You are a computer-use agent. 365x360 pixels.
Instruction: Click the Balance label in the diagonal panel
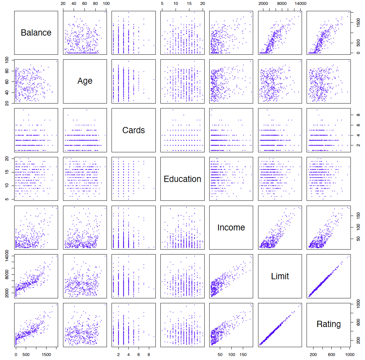click(36, 33)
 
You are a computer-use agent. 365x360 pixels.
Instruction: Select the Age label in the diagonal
click(85, 81)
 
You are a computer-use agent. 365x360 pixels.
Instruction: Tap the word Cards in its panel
click(133, 130)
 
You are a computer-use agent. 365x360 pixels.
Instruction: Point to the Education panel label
click(182, 179)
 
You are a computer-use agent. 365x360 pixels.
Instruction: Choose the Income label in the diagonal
click(231, 227)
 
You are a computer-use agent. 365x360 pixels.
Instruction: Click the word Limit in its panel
click(280, 276)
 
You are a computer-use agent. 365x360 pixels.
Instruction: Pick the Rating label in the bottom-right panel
click(328, 324)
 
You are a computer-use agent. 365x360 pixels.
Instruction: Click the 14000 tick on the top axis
click(300, 4)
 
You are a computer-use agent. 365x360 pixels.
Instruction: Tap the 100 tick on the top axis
click(106, 4)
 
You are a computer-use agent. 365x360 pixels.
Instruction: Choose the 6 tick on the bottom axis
click(139, 355)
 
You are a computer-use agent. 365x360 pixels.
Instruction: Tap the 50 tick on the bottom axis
click(219, 355)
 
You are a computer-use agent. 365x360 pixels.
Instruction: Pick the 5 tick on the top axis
click(162, 4)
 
